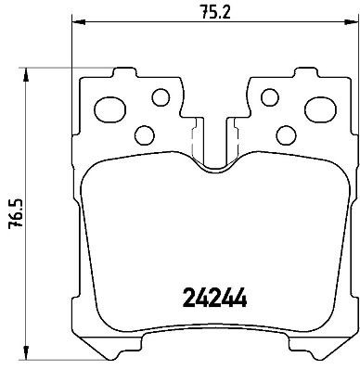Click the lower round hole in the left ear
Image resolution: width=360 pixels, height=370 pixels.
point(144,134)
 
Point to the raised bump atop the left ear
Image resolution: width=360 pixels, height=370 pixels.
point(120,72)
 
